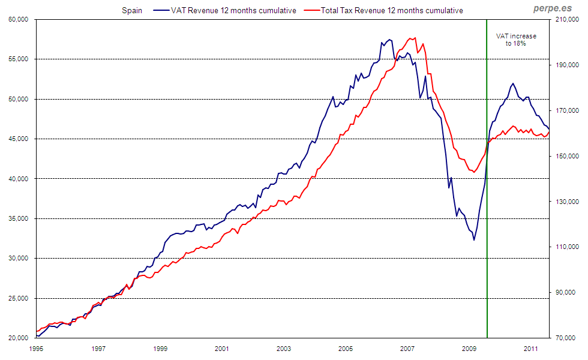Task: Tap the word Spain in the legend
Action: coord(132,11)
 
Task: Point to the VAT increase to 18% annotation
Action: coord(516,40)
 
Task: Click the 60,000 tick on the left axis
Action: coord(19,19)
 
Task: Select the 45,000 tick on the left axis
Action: coord(19,139)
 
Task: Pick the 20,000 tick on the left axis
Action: coord(19,338)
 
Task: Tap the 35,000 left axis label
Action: coord(19,218)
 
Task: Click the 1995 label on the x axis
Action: coord(36,348)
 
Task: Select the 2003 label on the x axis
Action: coord(284,348)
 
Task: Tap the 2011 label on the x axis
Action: coord(531,348)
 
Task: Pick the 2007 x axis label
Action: coord(407,348)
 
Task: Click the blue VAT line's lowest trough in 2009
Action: coord(474,240)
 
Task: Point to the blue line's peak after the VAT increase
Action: coord(513,83)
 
